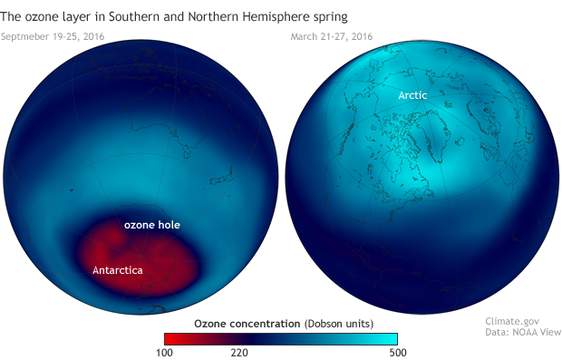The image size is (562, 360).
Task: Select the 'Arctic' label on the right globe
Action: pos(412,94)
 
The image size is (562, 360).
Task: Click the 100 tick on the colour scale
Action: pos(163,351)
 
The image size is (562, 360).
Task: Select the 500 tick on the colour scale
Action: pos(398,351)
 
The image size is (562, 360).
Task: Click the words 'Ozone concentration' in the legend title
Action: pos(247,322)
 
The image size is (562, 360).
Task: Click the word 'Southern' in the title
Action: pos(153,16)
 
